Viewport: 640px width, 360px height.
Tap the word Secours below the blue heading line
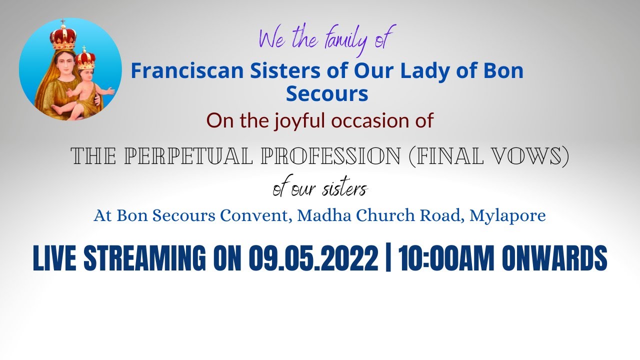[x=327, y=93]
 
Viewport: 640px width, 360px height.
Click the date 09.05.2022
[x=313, y=259]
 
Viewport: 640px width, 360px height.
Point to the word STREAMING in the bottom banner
[x=145, y=259]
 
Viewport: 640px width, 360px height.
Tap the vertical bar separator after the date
[x=388, y=259]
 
